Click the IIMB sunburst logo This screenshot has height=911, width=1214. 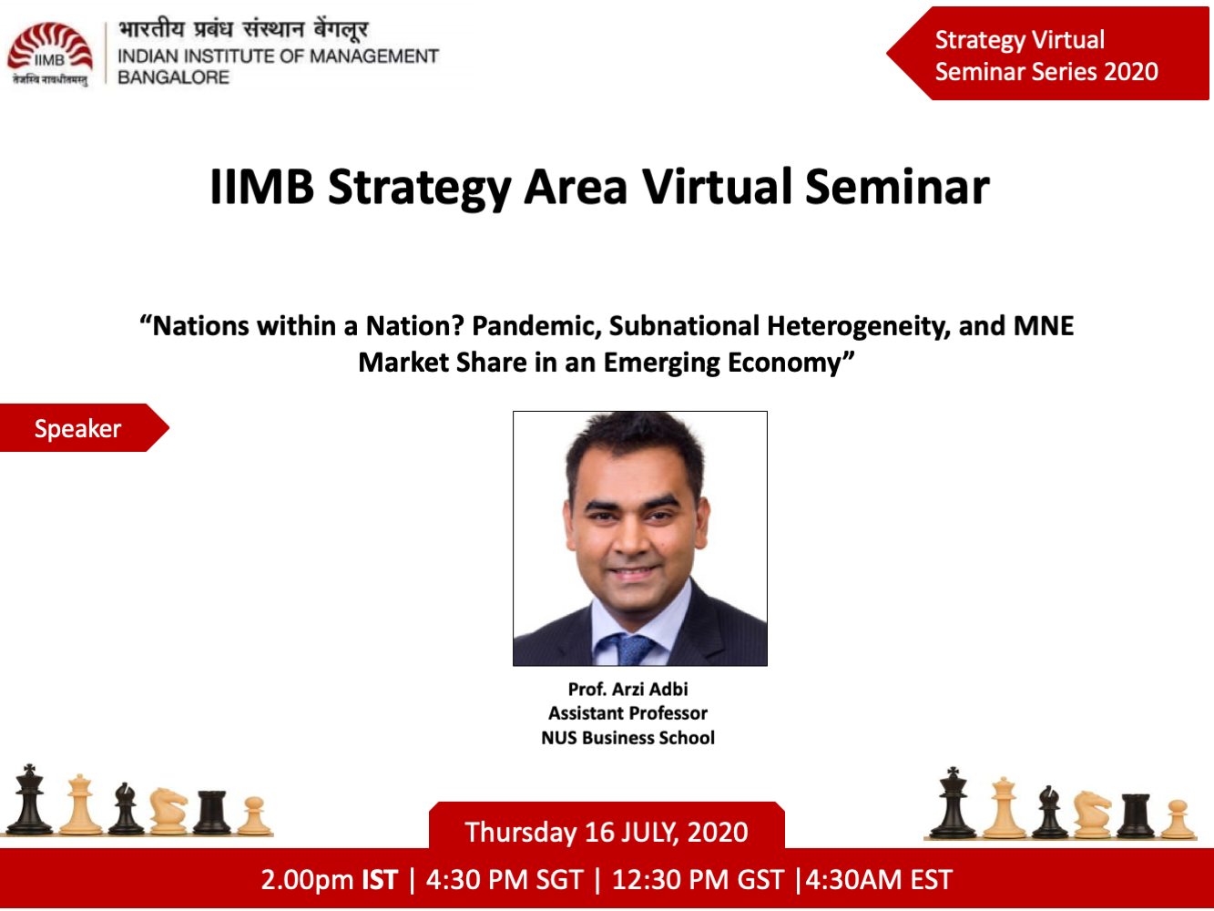(50, 54)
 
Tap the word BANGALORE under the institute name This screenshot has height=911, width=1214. (174, 77)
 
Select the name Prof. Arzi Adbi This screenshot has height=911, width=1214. (627, 690)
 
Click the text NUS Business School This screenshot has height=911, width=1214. (627, 738)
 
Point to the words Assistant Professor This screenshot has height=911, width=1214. (627, 713)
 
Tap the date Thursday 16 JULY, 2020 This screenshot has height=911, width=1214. (607, 833)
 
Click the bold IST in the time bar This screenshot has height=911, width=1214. (380, 879)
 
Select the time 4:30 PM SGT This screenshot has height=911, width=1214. (505, 879)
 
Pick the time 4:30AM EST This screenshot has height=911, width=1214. (878, 879)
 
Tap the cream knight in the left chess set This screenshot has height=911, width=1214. (168, 812)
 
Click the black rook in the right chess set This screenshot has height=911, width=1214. (1135, 816)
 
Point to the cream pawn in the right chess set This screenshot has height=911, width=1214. (1178, 820)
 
